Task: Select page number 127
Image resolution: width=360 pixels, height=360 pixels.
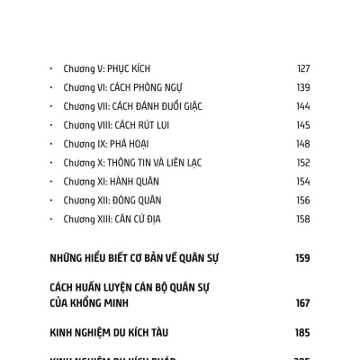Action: click(302, 68)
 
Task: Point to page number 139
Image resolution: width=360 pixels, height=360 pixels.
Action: click(302, 87)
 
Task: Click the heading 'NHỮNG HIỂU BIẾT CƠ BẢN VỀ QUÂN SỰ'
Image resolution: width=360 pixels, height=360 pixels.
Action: click(135, 258)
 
